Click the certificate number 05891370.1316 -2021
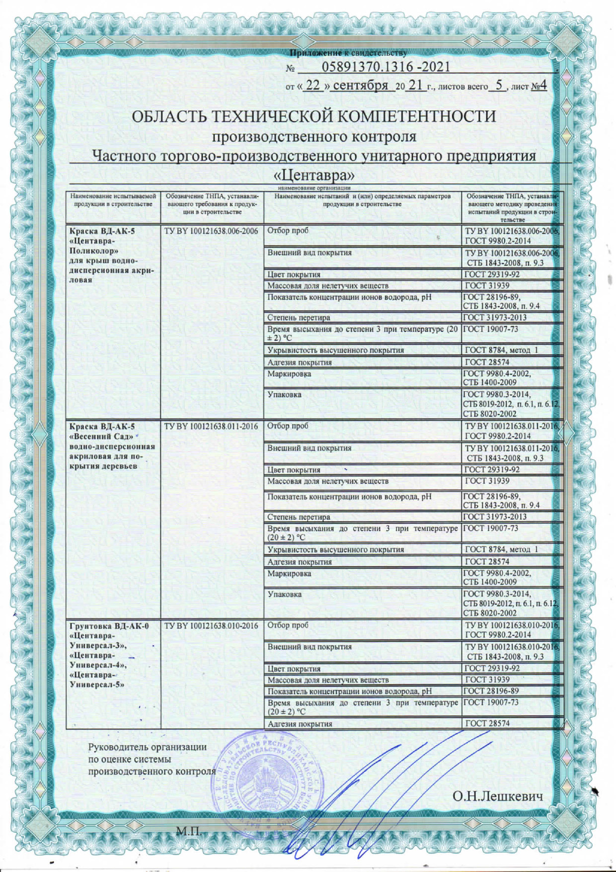(x=386, y=67)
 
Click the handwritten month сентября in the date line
(x=360, y=86)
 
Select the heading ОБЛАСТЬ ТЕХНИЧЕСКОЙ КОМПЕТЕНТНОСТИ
(x=313, y=116)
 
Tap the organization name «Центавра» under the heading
(x=314, y=175)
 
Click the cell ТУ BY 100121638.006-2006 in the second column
(x=211, y=231)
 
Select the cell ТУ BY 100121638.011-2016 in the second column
(x=211, y=426)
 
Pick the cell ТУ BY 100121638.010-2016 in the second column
(x=211, y=625)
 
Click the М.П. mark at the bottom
(x=188, y=831)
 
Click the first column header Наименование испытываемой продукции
(x=113, y=200)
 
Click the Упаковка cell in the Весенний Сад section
(x=285, y=595)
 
